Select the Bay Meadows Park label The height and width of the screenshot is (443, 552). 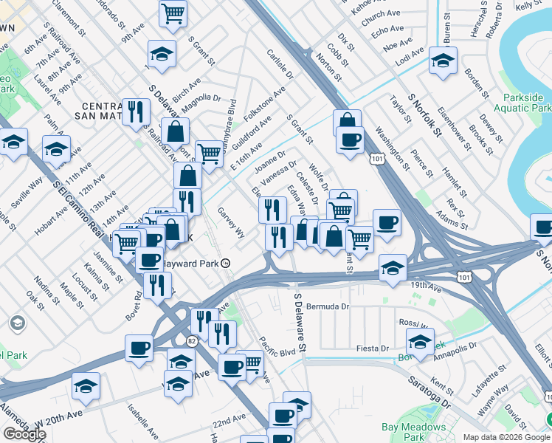(x=413, y=433)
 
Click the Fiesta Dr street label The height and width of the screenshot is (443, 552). (x=372, y=348)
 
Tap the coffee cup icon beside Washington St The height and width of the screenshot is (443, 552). (x=350, y=139)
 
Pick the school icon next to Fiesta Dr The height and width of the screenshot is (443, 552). (x=420, y=342)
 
